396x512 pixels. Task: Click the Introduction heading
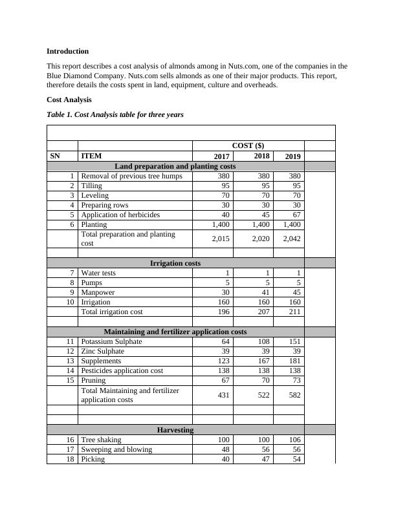pos(68,50)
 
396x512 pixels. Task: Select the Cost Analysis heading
pos(69,100)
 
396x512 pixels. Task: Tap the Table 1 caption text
pos(115,114)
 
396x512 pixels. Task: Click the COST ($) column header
pos(248,145)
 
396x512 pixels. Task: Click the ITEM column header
pos(91,156)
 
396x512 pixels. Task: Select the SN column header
pos(54,156)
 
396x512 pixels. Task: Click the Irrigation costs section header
pos(175,263)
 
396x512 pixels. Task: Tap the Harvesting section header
pos(175,430)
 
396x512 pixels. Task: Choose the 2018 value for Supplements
pos(261,361)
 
